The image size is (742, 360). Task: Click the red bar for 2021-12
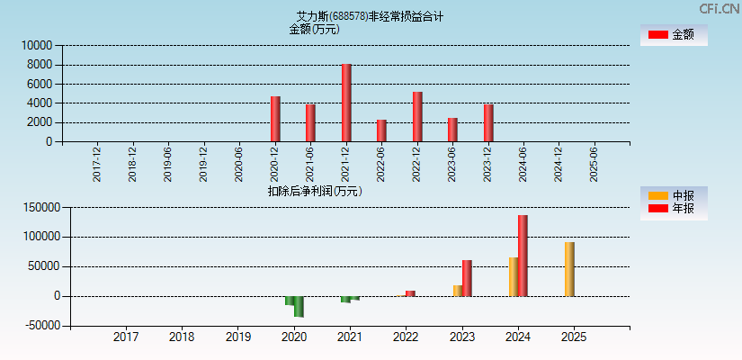pyautogui.click(x=346, y=103)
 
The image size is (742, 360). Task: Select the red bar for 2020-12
pyautogui.click(x=275, y=119)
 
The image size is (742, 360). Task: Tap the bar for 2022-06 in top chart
pyautogui.click(x=381, y=130)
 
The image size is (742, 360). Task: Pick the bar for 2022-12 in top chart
pyautogui.click(x=417, y=116)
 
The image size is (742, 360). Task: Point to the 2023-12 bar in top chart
pyautogui.click(x=488, y=122)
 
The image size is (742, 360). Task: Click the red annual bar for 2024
pyautogui.click(x=523, y=256)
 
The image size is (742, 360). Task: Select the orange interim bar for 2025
pyautogui.click(x=569, y=269)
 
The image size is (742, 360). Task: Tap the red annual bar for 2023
pyautogui.click(x=467, y=278)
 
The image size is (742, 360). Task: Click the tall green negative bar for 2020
pyautogui.click(x=299, y=306)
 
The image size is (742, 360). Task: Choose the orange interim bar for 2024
pyautogui.click(x=513, y=276)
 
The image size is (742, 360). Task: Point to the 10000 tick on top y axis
pyautogui.click(x=38, y=45)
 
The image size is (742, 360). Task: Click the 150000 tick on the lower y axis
pyautogui.click(x=41, y=208)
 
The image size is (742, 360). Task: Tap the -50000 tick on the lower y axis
pyautogui.click(x=41, y=326)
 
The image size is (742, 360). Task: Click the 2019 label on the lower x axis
pyautogui.click(x=237, y=337)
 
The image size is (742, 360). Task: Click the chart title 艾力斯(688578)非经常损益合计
pyautogui.click(x=370, y=16)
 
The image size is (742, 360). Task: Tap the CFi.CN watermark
pyautogui.click(x=719, y=9)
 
